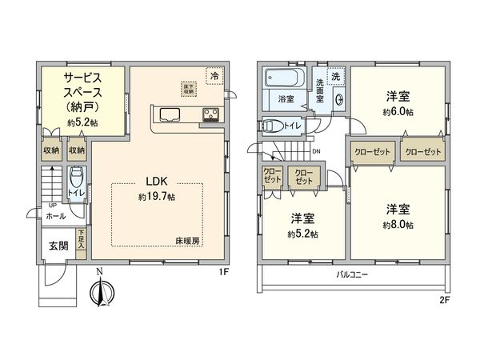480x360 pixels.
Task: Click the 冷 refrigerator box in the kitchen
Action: click(x=214, y=74)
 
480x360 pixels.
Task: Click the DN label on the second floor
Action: click(x=316, y=151)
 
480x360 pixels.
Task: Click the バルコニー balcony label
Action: click(x=352, y=275)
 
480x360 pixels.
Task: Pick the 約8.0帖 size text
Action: click(x=398, y=226)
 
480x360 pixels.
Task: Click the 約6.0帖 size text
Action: click(x=398, y=112)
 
